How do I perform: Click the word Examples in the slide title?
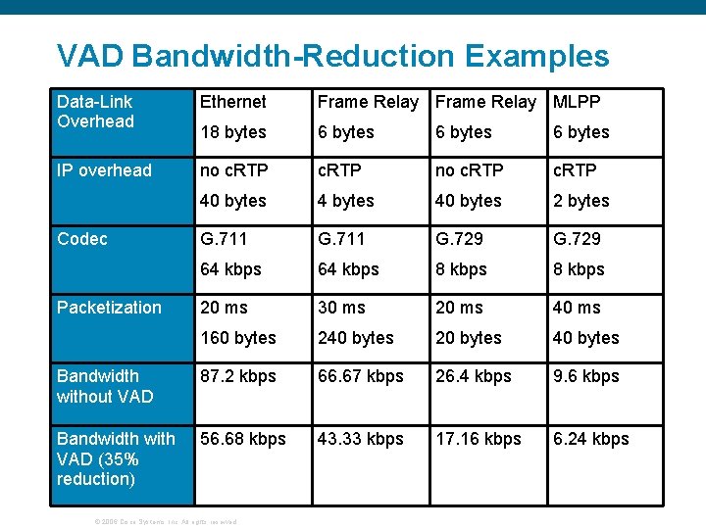coord(537,56)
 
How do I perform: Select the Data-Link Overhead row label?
coord(95,112)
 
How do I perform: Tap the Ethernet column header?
coord(233,102)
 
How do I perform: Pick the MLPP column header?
coord(577,102)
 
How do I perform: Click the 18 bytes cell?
coord(233,132)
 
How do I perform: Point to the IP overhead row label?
coord(104,170)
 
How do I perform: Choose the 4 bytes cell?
coord(345,201)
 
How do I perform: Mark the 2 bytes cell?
coord(580,201)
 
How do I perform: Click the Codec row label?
coord(82,239)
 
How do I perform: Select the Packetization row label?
coord(109,308)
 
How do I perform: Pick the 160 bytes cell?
coord(238,338)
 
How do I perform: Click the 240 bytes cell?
coord(355,338)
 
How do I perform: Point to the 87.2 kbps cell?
coord(238,376)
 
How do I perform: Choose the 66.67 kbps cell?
coord(360,376)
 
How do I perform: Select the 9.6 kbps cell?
coord(585,376)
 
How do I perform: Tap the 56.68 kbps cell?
coord(243,439)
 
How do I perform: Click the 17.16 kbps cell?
coord(478,439)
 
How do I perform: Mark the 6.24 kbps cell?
coord(590,439)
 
